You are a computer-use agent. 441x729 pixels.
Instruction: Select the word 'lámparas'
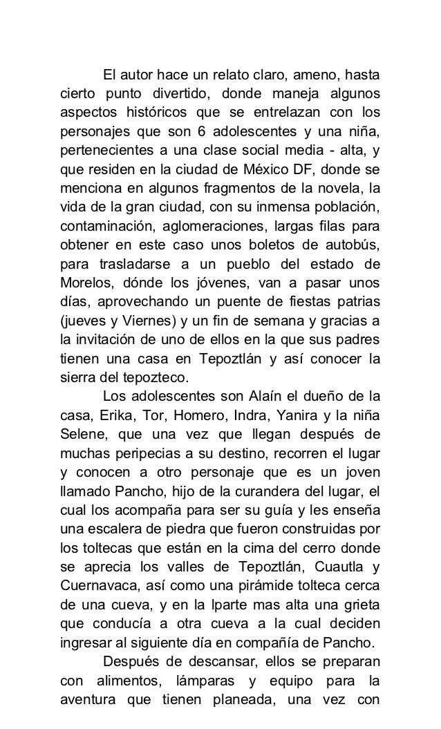pyautogui.click(x=203, y=676)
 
